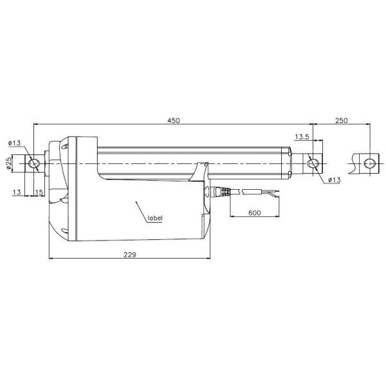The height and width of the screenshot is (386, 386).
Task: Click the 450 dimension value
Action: pyautogui.click(x=174, y=120)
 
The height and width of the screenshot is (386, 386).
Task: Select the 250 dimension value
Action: pyautogui.click(x=341, y=120)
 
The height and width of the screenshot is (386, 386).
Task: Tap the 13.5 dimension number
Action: pyautogui.click(x=302, y=137)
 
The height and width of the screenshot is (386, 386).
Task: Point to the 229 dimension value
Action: pyautogui.click(x=131, y=255)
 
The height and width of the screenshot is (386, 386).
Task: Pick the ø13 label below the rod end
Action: pyautogui.click(x=333, y=179)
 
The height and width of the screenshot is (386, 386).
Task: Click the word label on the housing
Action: pyautogui.click(x=155, y=219)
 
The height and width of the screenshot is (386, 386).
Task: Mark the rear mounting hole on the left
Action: pyautogui.click(x=35, y=163)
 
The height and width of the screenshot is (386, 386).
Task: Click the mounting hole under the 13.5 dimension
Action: pyautogui.click(x=313, y=163)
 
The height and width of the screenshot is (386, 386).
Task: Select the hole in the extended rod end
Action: pyautogui.click(x=369, y=163)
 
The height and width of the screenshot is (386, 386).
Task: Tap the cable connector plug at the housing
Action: pyautogui.click(x=219, y=192)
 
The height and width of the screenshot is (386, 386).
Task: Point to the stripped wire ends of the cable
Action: pyautogui.click(x=271, y=192)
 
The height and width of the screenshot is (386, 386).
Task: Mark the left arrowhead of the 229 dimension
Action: pyautogui.click(x=51, y=260)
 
